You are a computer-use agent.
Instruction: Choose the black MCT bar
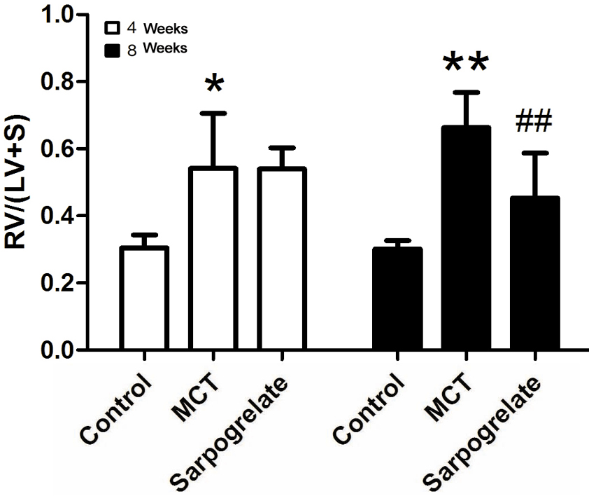[x=466, y=238]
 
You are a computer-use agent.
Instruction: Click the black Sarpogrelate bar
[x=534, y=273]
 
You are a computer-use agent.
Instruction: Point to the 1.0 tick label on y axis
[x=58, y=15]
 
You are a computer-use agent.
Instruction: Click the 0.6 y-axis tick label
[x=58, y=149]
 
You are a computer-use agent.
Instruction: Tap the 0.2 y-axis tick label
[x=58, y=283]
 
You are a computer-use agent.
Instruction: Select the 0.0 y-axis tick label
[x=58, y=350]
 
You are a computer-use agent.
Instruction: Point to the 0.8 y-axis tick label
[x=58, y=82]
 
